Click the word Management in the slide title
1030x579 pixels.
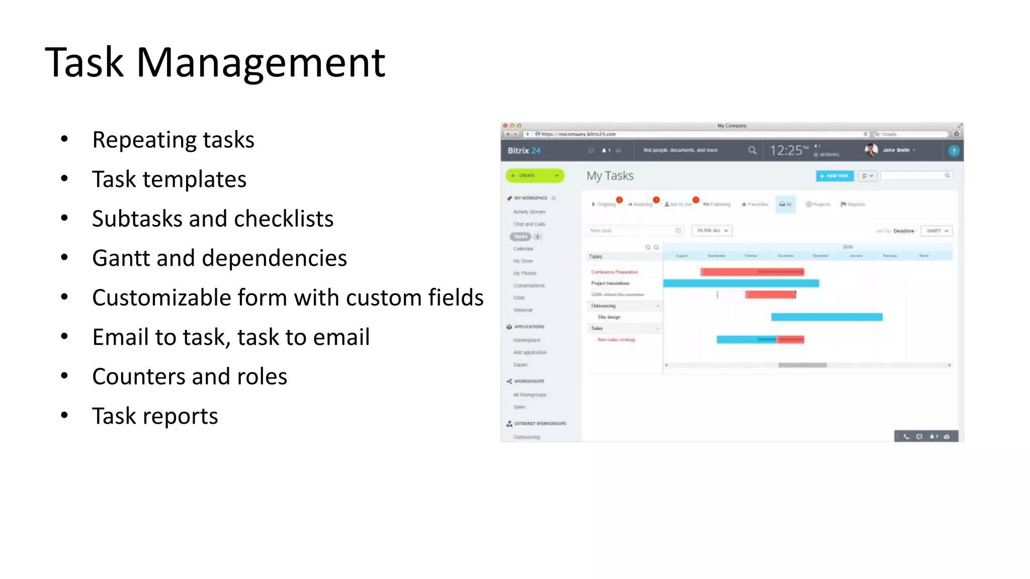coord(261,63)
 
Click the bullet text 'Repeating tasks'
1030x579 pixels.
coord(173,140)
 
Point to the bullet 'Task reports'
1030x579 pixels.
coord(155,416)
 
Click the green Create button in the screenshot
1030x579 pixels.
coord(535,175)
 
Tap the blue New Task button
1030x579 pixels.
coord(834,176)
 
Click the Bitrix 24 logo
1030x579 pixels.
coord(524,151)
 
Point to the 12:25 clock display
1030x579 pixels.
coord(787,150)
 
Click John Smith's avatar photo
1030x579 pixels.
coord(871,150)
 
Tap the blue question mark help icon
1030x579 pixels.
coord(954,151)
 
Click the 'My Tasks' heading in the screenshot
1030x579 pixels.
coord(610,176)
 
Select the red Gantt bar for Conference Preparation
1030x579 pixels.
coord(752,272)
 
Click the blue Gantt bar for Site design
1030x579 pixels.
coord(826,317)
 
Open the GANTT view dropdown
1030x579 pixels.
coord(936,231)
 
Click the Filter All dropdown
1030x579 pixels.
coord(712,230)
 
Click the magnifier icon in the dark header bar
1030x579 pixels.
coord(752,150)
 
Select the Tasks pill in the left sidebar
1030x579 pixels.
coord(521,237)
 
